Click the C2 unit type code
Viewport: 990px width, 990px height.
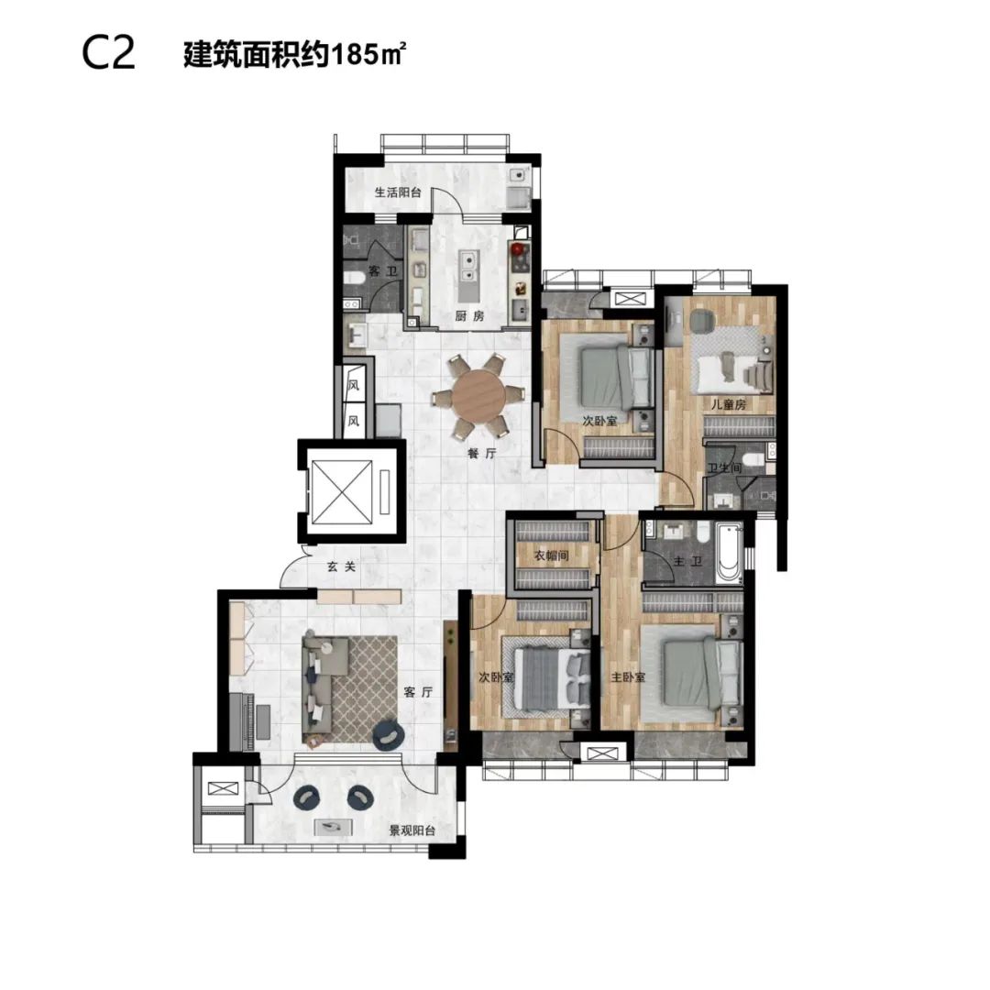pyautogui.click(x=108, y=54)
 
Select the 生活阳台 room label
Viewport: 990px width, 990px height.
pyautogui.click(x=398, y=192)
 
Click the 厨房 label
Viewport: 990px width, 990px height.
pyautogui.click(x=469, y=315)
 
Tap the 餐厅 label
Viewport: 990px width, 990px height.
pyautogui.click(x=482, y=454)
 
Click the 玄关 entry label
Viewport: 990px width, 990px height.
pyautogui.click(x=342, y=566)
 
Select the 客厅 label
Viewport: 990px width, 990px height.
pyautogui.click(x=418, y=692)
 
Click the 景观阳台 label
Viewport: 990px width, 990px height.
pyautogui.click(x=412, y=830)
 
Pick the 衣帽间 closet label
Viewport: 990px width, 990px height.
pyautogui.click(x=551, y=555)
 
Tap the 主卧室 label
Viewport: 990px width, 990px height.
pyautogui.click(x=628, y=677)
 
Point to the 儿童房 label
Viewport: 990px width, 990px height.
pyautogui.click(x=729, y=404)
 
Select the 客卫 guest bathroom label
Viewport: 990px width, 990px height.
pyautogui.click(x=382, y=271)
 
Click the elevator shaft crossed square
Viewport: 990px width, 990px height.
pyautogui.click(x=342, y=492)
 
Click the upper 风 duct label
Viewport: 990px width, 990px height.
pyautogui.click(x=354, y=383)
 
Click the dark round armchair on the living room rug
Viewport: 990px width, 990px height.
pyautogui.click(x=387, y=735)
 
